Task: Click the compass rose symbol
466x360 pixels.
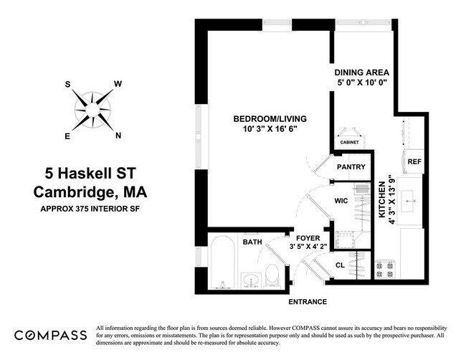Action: click(x=92, y=110)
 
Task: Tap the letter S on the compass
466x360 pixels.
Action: click(x=68, y=85)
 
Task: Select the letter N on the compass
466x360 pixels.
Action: click(x=118, y=136)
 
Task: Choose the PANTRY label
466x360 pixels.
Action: click(x=351, y=167)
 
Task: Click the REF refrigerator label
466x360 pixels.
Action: click(x=414, y=162)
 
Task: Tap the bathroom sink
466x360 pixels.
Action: click(x=249, y=279)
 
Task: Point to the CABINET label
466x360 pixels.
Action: click(x=350, y=142)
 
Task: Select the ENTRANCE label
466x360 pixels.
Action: click(x=308, y=302)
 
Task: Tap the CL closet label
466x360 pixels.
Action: click(x=341, y=265)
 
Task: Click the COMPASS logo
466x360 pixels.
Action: click(x=51, y=335)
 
